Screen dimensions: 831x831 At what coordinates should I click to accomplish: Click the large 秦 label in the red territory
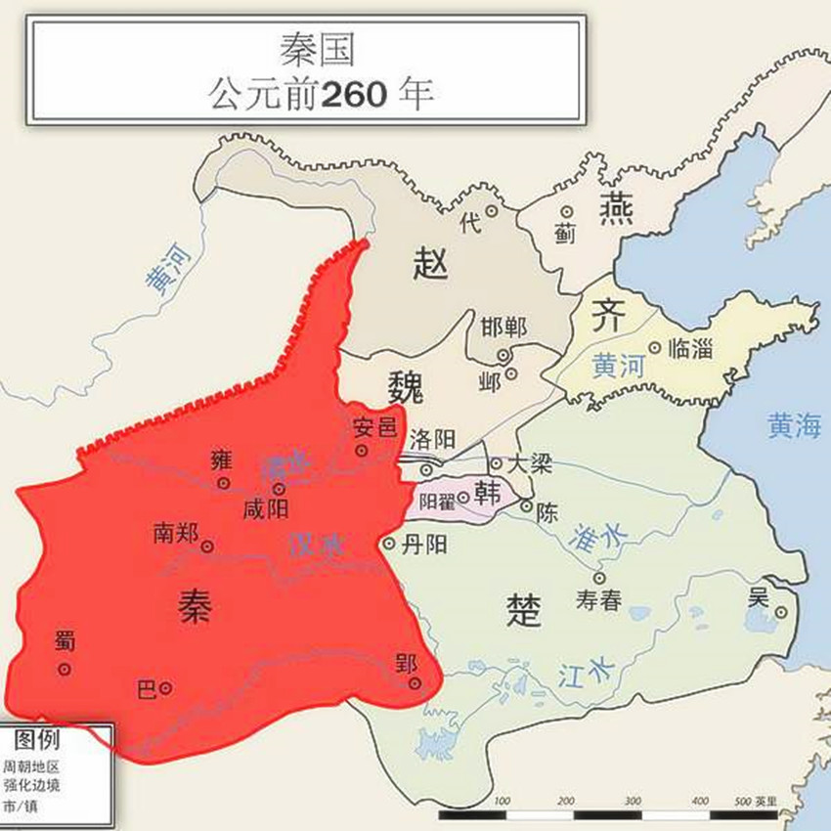195,607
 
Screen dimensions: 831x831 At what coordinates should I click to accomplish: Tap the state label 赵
430,263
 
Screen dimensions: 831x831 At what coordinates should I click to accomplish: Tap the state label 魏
405,388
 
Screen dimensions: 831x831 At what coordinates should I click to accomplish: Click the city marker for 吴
781,613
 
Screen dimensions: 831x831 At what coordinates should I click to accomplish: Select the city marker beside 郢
415,683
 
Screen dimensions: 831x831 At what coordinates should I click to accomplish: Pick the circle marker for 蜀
65,670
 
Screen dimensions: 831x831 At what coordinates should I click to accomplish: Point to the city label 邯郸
504,327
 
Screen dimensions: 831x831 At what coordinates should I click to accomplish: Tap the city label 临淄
690,347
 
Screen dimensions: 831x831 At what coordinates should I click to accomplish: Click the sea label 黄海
794,426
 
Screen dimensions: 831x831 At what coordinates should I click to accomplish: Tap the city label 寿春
598,600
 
